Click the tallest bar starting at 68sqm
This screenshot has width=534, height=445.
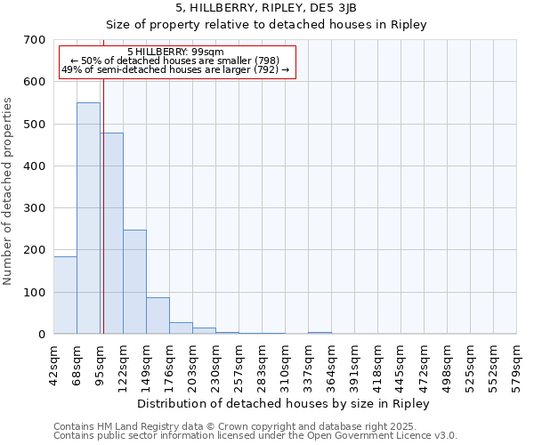pyautogui.click(x=88, y=218)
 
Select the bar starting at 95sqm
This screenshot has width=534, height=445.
pyautogui.click(x=112, y=233)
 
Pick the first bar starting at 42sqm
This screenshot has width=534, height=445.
pyautogui.click(x=65, y=295)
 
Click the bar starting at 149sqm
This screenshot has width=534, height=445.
pyautogui.click(x=158, y=315)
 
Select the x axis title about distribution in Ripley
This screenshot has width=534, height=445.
pyautogui.click(x=284, y=403)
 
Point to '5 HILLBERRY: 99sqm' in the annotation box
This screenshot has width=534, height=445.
pyautogui.click(x=176, y=52)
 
